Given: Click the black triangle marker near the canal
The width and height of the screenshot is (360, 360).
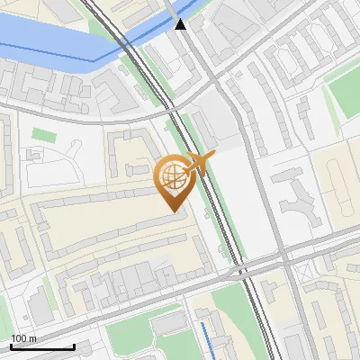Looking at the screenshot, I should click(x=181, y=24).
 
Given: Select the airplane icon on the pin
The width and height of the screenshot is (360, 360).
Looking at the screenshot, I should click(x=198, y=164).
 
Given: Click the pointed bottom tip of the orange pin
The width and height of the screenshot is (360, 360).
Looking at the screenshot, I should click(x=172, y=211).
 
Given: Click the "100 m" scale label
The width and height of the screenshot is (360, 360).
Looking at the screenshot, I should click(x=24, y=338).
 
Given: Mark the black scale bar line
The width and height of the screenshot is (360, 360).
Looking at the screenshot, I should click(x=41, y=346).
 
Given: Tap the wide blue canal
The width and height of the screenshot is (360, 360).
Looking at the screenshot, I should click(x=45, y=40).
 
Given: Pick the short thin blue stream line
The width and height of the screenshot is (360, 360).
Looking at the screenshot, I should click(x=206, y=337).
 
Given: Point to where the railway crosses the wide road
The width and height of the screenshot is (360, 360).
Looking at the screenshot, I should click(x=238, y=267).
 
